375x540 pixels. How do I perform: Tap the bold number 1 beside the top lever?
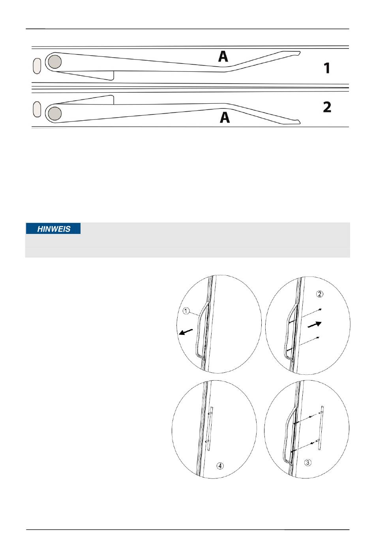pos(327,68)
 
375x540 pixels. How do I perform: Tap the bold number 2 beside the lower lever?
pos(327,107)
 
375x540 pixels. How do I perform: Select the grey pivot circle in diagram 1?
pos(55,62)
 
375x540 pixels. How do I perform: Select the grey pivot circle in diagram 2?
pos(55,113)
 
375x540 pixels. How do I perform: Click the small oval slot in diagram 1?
pos(37,66)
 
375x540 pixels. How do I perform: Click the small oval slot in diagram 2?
pos(37,109)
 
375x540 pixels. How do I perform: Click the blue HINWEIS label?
pos(53,228)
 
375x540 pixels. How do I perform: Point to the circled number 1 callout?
pos(186,311)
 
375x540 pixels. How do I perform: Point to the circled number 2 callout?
pos(320,294)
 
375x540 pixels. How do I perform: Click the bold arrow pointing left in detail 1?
pos(186,332)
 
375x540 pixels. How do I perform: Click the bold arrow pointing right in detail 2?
pos(315,325)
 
